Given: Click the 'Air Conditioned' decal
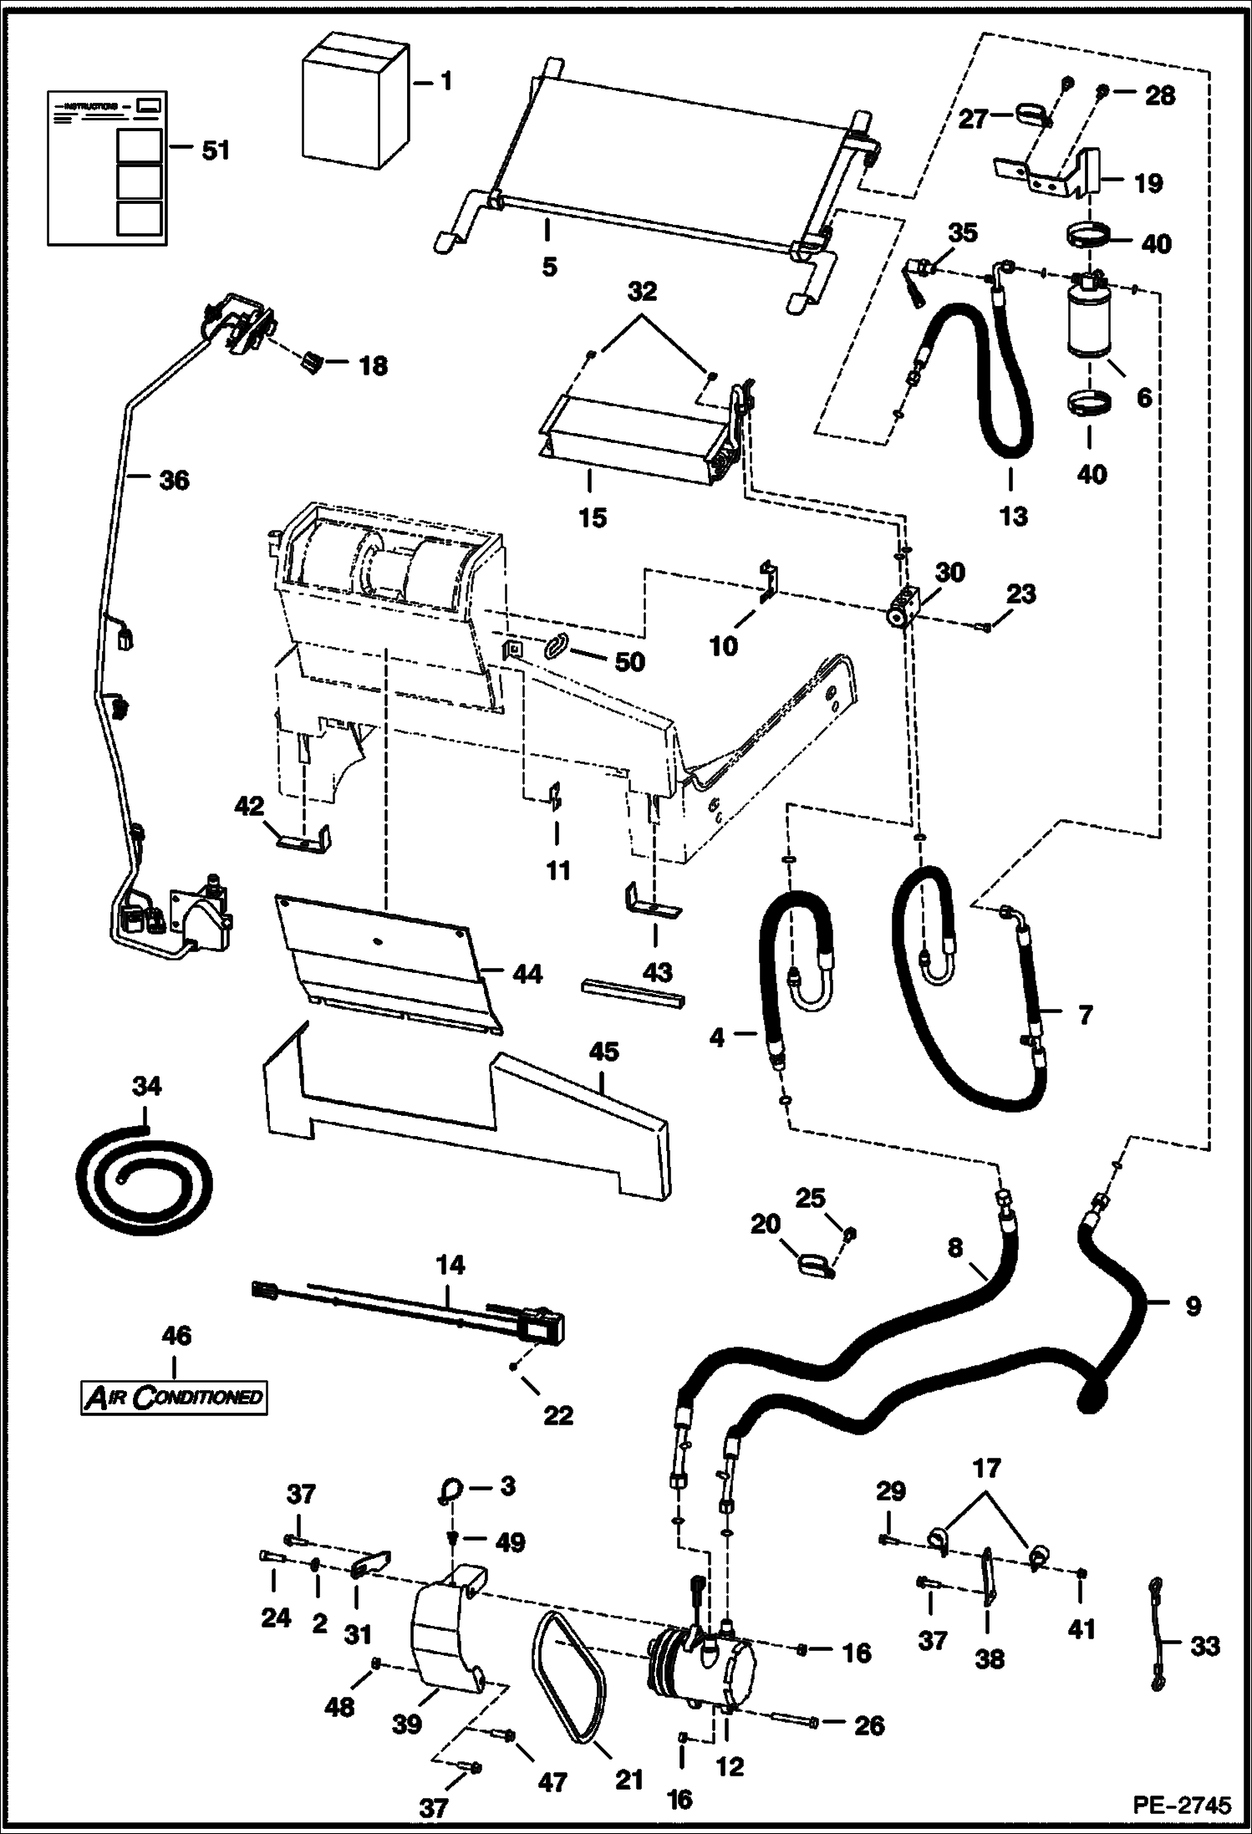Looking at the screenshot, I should (175, 1396).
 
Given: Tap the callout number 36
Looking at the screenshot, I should (174, 480).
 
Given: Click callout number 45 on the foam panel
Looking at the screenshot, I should (603, 1051).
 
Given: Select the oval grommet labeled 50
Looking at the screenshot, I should (558, 646).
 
